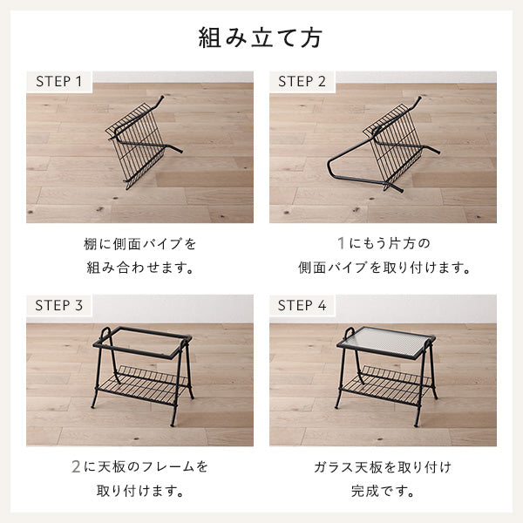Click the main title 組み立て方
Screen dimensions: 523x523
[x=261, y=37]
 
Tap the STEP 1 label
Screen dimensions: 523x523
[x=58, y=81]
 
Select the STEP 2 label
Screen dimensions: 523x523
[x=302, y=81]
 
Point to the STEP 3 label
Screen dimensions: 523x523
[x=58, y=305]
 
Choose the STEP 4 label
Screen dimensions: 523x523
[x=302, y=305]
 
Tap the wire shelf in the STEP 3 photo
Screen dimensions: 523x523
[x=143, y=384]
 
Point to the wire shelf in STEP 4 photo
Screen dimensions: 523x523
[x=386, y=384]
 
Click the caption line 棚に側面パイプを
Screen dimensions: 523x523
[x=139, y=244]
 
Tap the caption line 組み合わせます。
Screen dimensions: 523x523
[x=139, y=268]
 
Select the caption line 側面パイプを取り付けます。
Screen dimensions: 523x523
[x=384, y=268]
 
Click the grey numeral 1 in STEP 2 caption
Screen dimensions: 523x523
[x=341, y=243]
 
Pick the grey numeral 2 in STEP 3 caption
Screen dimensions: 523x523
[x=76, y=466]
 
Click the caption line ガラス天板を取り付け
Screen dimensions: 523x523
[x=383, y=467]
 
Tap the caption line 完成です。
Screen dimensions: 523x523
[x=383, y=491]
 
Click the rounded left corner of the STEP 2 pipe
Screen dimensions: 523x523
[x=330, y=166]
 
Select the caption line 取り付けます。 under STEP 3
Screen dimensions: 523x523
[x=139, y=491]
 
